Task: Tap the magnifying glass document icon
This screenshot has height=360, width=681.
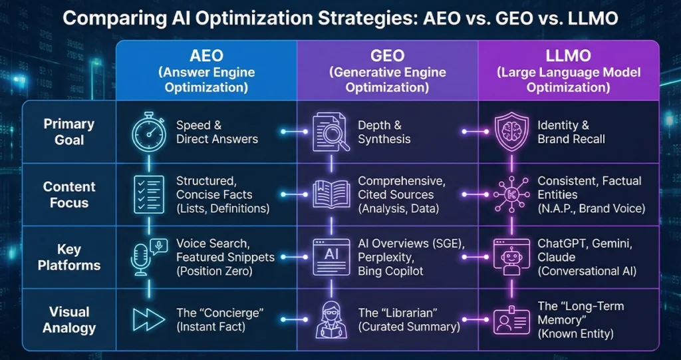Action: pos(331,132)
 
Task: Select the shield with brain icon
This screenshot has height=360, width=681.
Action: pos(512,132)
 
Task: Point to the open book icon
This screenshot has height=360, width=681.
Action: pos(331,194)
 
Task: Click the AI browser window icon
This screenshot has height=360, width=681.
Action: pos(331,257)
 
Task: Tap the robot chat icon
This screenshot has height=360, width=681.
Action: pos(512,257)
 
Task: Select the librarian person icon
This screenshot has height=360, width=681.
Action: pos(331,319)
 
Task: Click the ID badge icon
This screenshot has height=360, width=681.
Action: pos(512,319)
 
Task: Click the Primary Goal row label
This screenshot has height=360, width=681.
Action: pos(69,132)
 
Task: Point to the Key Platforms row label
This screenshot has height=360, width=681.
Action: pos(69,258)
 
